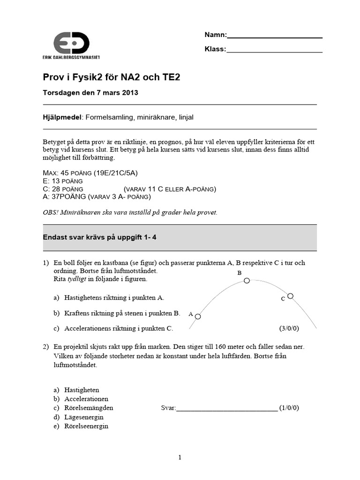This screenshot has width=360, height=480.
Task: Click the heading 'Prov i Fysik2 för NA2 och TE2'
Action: pos(112,77)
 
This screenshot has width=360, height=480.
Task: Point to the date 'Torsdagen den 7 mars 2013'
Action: pos(90,93)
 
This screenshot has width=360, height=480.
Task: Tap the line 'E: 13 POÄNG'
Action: pos(63,181)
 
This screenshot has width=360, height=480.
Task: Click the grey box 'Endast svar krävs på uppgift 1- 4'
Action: pos(180,238)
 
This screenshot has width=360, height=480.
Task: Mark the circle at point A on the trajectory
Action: pos(198,317)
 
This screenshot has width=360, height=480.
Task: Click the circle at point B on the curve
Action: pos(247,281)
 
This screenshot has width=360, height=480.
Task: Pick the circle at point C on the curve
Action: pos(291,296)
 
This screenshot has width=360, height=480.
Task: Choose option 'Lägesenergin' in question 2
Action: pos(84,417)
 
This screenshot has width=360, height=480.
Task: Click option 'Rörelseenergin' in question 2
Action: pos(86,426)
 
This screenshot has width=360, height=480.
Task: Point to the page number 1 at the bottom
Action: pos(180,458)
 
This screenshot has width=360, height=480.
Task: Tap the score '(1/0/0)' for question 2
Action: pos(289,408)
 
